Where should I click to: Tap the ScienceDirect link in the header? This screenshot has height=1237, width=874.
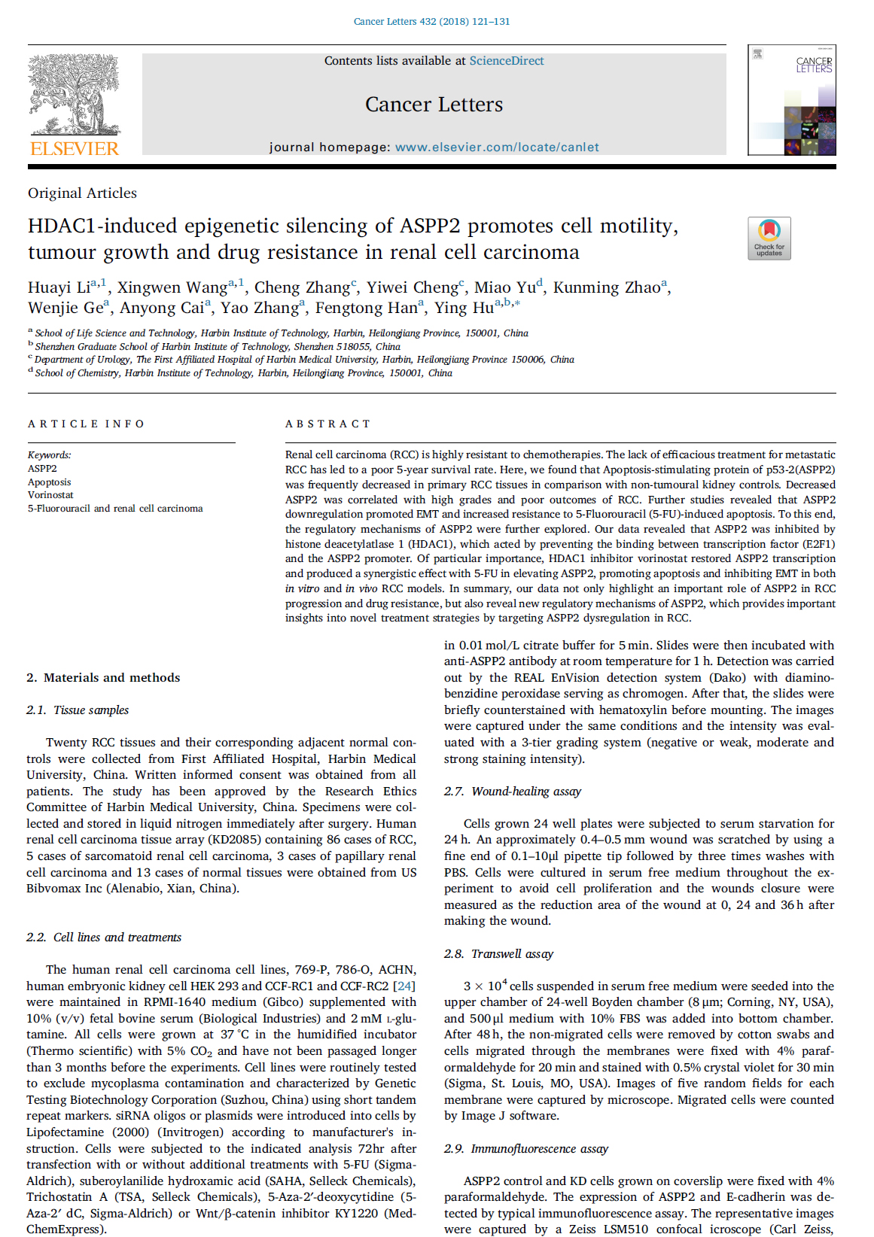506,61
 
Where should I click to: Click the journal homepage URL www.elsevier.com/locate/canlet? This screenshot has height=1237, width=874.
497,147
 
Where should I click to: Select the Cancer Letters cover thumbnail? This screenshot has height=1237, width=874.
791,100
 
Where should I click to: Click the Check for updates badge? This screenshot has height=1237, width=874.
769,238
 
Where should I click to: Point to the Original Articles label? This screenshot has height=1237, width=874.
82,193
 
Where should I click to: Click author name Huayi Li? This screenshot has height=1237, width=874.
59,287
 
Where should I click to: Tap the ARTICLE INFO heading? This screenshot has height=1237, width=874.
86,424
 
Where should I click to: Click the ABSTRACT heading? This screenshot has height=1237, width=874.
327,424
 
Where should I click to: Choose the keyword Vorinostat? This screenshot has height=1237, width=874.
50,495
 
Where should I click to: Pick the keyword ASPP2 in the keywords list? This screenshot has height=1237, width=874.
42,468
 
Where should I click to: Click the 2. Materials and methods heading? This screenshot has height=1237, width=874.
103,677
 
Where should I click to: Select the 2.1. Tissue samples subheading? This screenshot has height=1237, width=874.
78,710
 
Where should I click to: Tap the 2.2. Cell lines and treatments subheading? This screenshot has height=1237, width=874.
104,937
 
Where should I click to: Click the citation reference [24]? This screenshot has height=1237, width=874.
405,986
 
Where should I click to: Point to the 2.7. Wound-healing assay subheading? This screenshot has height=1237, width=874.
513,791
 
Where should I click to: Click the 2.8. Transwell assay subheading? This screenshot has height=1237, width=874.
498,953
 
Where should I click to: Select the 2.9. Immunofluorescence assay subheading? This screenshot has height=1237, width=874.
526,1148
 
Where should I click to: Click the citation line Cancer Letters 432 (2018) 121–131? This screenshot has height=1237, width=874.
431,21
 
